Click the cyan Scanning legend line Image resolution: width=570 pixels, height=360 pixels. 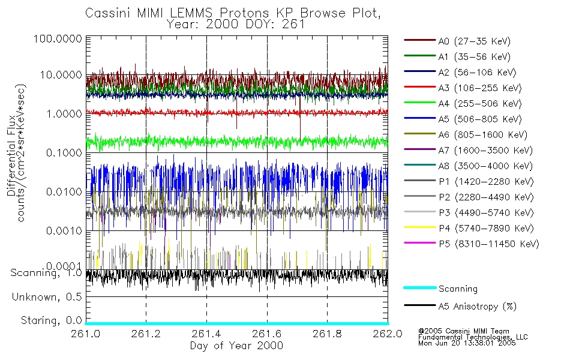[419, 289]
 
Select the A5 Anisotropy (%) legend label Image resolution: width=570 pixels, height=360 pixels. [478, 307]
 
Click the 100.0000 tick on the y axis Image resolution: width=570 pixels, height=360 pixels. [58, 39]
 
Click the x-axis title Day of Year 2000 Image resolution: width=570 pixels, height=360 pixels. [236, 346]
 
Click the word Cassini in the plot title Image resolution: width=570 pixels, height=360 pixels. [106, 13]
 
